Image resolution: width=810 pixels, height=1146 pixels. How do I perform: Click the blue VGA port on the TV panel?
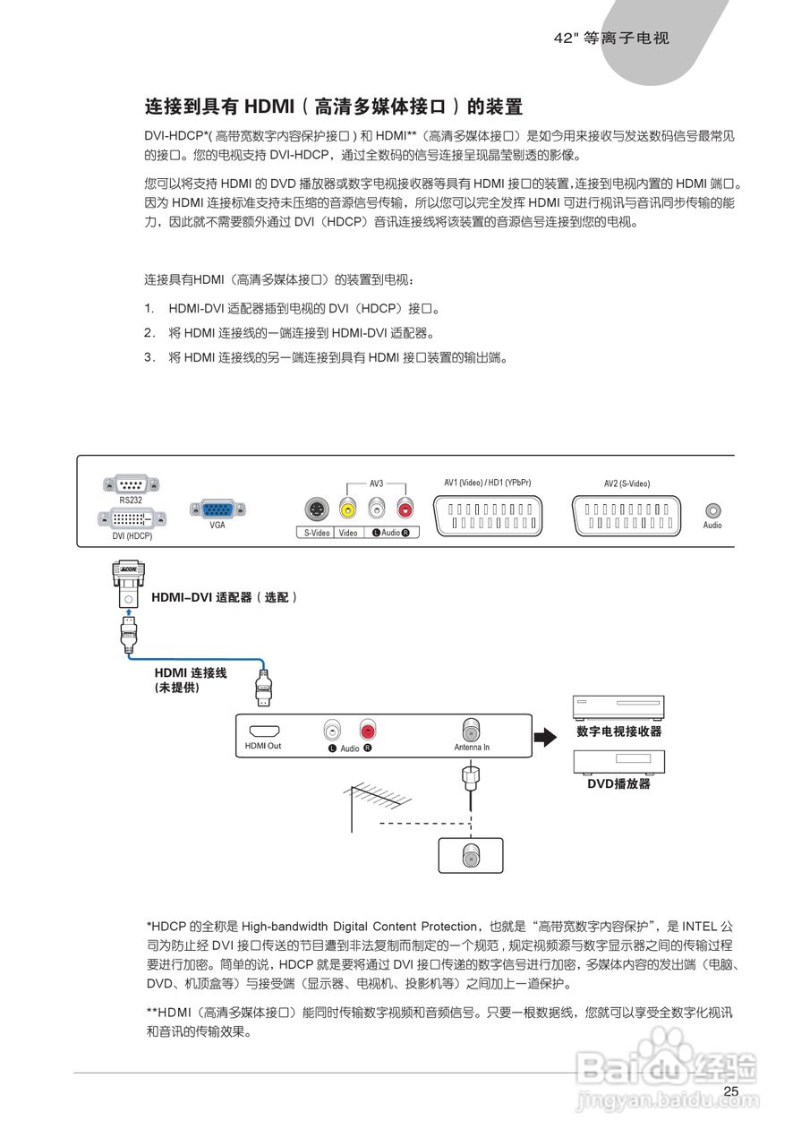pos(212,509)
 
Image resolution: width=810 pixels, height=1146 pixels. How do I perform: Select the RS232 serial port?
pos(130,483)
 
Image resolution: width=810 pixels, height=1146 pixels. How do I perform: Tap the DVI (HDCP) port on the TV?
pos(131,519)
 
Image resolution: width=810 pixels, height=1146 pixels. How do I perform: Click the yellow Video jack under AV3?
pos(347,510)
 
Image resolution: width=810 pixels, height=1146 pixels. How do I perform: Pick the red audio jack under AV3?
pos(405,510)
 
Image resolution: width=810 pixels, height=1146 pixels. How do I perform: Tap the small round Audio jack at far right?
pos(712,509)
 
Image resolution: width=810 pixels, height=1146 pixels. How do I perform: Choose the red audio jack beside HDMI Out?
pos(367,730)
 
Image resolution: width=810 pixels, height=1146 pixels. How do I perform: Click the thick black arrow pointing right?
pos(545,737)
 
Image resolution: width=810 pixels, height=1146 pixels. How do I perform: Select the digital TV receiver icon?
pos(618,707)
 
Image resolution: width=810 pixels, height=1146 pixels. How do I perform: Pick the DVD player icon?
pos(618,760)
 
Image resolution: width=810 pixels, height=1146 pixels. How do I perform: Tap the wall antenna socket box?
pos(471,855)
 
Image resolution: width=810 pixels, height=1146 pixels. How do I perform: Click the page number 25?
pos(731,1091)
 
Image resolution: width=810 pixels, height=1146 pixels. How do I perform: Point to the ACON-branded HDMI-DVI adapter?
pos(129,587)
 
